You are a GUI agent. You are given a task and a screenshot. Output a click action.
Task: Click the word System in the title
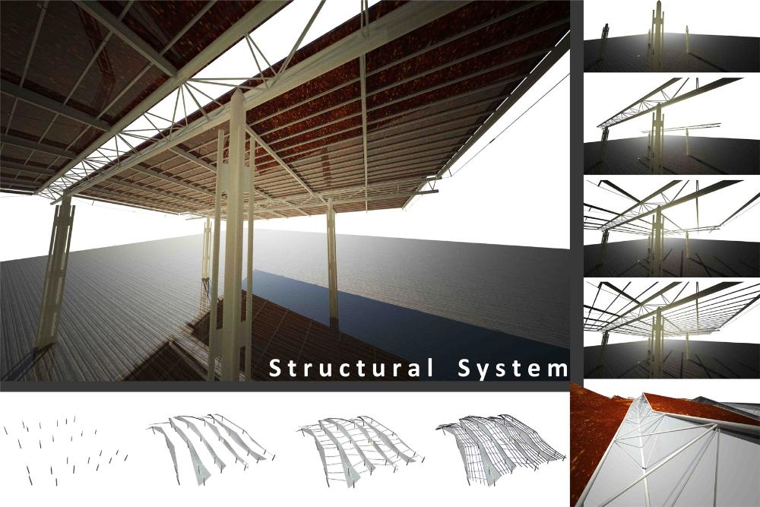[x=513, y=369]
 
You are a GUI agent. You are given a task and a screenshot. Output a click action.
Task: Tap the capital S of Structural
[x=275, y=368]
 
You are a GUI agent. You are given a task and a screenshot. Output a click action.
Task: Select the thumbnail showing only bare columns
[x=672, y=36]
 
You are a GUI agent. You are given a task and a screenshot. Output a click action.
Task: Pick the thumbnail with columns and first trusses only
[x=672, y=125]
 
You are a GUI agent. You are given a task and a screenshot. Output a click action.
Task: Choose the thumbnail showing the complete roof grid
[x=672, y=328]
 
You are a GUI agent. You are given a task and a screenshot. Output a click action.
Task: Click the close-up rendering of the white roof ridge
[x=665, y=444]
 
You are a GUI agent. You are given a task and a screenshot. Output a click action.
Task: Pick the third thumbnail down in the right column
[x=672, y=227]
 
